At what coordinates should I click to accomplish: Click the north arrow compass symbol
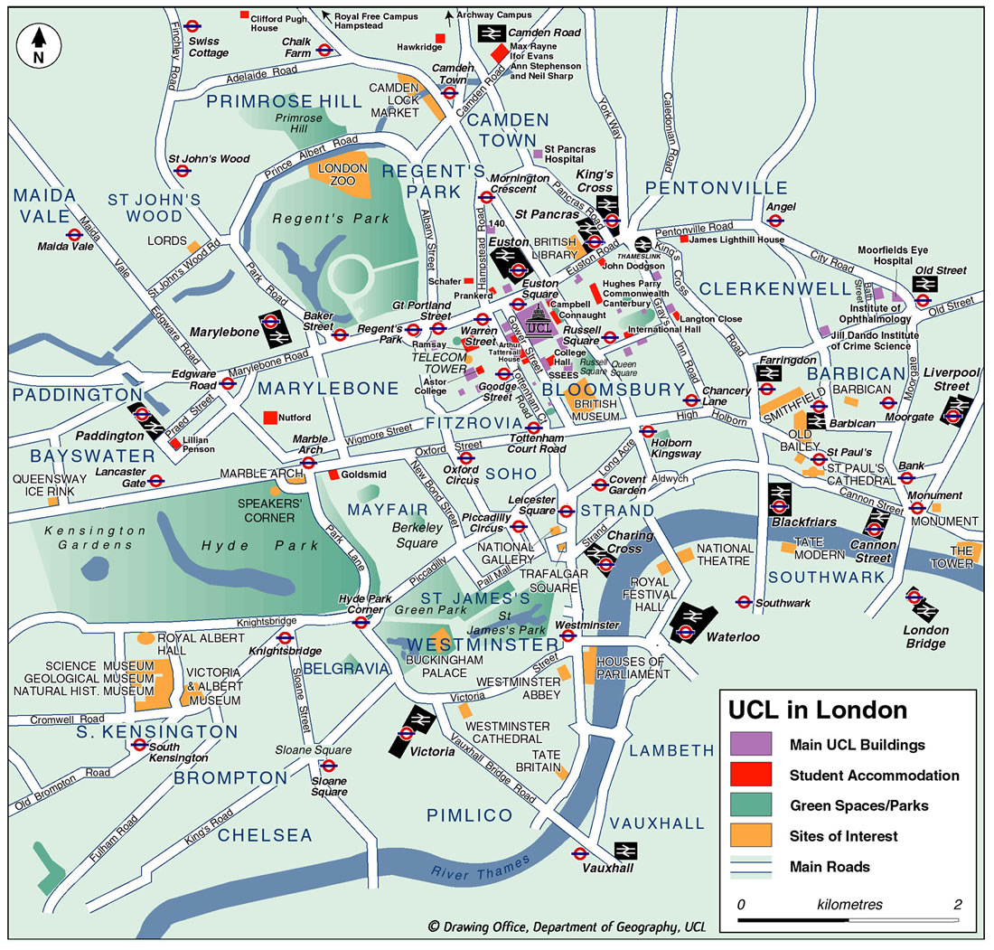(x=38, y=44)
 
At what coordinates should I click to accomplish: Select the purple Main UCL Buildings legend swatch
(x=751, y=745)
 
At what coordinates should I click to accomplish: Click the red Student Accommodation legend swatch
(x=751, y=775)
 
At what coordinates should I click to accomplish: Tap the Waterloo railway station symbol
(x=692, y=623)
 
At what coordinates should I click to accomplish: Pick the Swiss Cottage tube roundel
(x=192, y=27)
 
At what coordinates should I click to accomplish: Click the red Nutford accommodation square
(x=269, y=419)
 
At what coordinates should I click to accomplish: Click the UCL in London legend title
(x=818, y=710)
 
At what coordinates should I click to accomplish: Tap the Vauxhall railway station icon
(x=624, y=851)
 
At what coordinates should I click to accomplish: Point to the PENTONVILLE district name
(x=717, y=188)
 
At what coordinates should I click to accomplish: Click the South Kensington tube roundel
(x=139, y=746)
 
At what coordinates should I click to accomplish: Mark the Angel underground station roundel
(x=775, y=221)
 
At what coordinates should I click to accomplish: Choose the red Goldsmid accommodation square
(x=333, y=475)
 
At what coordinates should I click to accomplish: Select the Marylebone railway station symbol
(x=275, y=330)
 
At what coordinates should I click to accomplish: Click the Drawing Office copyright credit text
(x=567, y=926)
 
